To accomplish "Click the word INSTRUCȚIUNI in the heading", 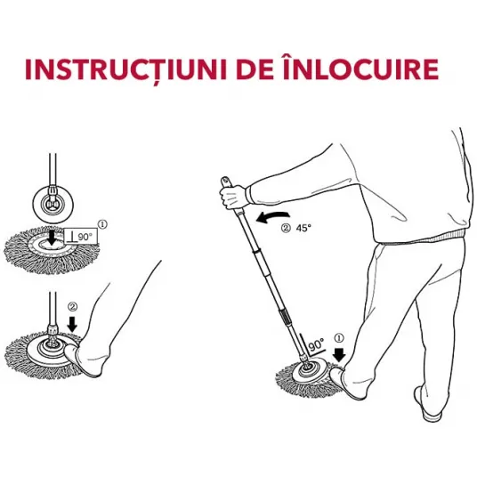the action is point(126,69).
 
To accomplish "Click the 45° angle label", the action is point(303,228).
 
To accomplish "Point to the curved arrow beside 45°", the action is point(272,217).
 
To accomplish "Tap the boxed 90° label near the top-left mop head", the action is point(81,237).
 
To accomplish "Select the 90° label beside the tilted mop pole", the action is point(317,345).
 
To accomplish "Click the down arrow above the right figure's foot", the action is point(339,354).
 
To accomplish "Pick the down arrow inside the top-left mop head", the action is point(53,238).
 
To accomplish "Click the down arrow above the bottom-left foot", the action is point(72,324).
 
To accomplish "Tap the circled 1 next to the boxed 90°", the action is point(102,224).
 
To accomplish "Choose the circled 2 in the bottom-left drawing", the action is point(72,307).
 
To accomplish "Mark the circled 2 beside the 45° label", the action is point(286,228).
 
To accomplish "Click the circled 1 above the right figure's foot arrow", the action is point(339,338).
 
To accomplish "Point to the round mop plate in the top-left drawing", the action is point(53,204).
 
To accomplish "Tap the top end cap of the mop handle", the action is point(225,181).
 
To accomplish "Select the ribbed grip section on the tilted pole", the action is point(285,319).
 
